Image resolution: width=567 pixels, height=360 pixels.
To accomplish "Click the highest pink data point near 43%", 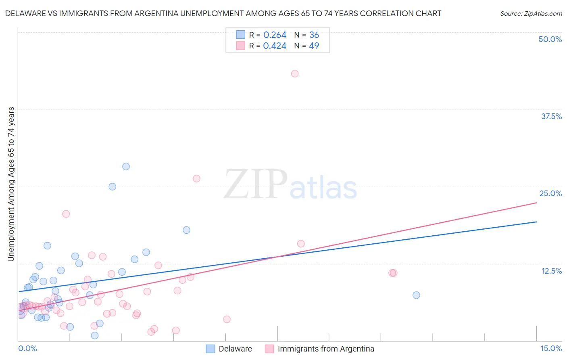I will (295, 73).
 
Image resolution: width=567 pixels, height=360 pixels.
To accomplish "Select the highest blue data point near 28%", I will (126, 166).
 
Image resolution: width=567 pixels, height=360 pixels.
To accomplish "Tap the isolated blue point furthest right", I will (416, 295).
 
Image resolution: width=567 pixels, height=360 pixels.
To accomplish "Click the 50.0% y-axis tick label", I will (550, 39).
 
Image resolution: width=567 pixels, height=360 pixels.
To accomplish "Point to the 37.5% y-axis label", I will (551, 116).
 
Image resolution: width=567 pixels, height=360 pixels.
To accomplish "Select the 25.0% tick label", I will (550, 193).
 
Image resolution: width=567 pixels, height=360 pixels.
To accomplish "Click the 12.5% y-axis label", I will (551, 271).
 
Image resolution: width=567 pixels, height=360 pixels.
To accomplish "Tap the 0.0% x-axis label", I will (27, 348).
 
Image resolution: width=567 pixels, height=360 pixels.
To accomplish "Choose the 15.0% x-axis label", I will (551, 348).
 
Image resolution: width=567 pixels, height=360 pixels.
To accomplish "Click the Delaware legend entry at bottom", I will (235, 349).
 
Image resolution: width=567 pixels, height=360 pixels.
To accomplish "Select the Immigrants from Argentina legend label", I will (326, 349).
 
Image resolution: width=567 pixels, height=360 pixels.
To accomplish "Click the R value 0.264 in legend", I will (275, 35).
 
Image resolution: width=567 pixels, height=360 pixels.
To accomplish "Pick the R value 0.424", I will (275, 46).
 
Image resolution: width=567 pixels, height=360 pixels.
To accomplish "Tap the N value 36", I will (314, 35).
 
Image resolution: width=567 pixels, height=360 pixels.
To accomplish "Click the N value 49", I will (314, 46).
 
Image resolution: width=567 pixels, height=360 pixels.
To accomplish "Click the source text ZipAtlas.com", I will (531, 14).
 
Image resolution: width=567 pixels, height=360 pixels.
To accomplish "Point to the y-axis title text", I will (11, 184).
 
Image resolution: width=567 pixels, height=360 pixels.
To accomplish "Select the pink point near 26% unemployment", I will (196, 178).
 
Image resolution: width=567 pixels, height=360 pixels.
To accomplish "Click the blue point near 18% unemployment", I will (186, 230).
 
